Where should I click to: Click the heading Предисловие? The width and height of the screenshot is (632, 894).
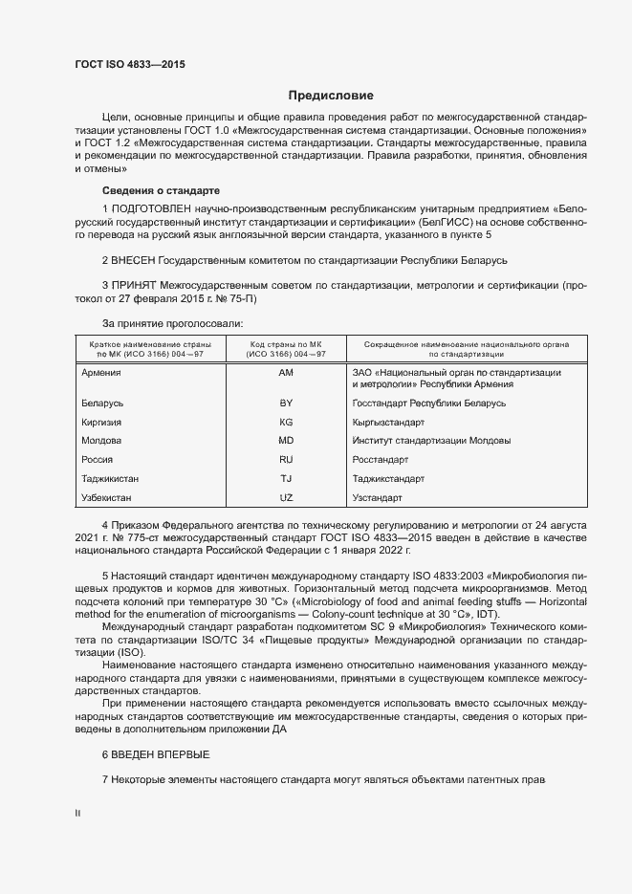(331, 96)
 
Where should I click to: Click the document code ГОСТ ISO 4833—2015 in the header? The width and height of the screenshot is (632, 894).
(130, 64)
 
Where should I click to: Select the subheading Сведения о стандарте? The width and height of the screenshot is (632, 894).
(161, 190)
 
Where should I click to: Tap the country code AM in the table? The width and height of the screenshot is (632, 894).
(286, 373)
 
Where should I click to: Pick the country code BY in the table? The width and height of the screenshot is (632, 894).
(286, 403)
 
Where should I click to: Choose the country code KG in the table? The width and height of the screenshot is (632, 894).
(286, 422)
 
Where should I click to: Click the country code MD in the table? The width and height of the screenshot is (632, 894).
(286, 441)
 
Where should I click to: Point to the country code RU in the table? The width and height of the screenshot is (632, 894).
(286, 460)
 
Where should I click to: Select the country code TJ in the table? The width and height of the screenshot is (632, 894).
(286, 479)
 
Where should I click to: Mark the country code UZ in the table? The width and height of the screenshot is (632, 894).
(286, 498)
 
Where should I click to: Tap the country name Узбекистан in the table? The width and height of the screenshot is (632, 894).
(107, 498)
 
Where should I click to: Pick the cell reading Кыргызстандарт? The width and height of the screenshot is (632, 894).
(388, 422)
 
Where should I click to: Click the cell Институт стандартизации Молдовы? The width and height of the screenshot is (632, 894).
(418, 441)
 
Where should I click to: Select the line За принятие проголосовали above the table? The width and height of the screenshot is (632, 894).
(165, 325)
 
